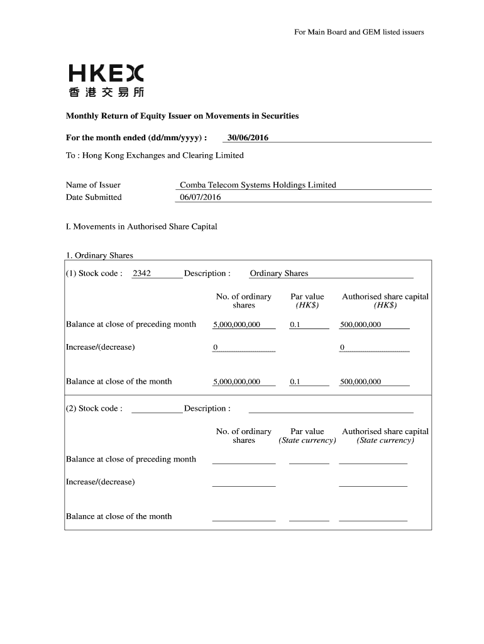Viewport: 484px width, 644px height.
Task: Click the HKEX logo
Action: [x=106, y=81]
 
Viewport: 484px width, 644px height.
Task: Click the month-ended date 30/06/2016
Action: [x=248, y=138]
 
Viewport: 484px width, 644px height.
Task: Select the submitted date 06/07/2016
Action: [x=201, y=197]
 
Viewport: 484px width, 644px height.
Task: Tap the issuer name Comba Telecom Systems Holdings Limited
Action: [x=258, y=185]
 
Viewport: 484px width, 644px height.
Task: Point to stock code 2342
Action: [x=141, y=274]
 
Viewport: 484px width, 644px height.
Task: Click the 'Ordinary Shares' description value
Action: [x=279, y=274]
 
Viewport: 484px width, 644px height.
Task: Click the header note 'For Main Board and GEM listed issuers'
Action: [x=359, y=32]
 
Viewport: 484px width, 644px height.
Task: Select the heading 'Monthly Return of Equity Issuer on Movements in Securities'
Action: [x=182, y=116]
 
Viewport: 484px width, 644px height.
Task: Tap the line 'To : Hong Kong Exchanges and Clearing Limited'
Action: [x=155, y=155]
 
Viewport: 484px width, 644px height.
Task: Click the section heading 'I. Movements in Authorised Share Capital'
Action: [x=141, y=226]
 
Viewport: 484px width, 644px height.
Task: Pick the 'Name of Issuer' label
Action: [x=93, y=185]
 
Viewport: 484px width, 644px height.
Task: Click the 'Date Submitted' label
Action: [x=94, y=197]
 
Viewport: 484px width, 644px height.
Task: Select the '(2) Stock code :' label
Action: [x=94, y=409]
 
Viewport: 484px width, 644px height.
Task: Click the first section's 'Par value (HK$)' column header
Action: [x=307, y=301]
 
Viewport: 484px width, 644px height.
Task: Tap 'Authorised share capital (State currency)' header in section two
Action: [x=385, y=436]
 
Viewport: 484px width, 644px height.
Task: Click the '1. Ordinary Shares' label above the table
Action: [x=99, y=255]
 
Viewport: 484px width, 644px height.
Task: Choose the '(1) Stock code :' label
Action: [x=94, y=274]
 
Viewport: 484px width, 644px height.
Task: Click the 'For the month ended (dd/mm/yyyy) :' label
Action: [x=136, y=138]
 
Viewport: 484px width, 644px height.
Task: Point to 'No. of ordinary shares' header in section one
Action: [x=244, y=301]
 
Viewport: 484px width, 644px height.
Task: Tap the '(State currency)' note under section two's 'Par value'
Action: [x=307, y=440]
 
